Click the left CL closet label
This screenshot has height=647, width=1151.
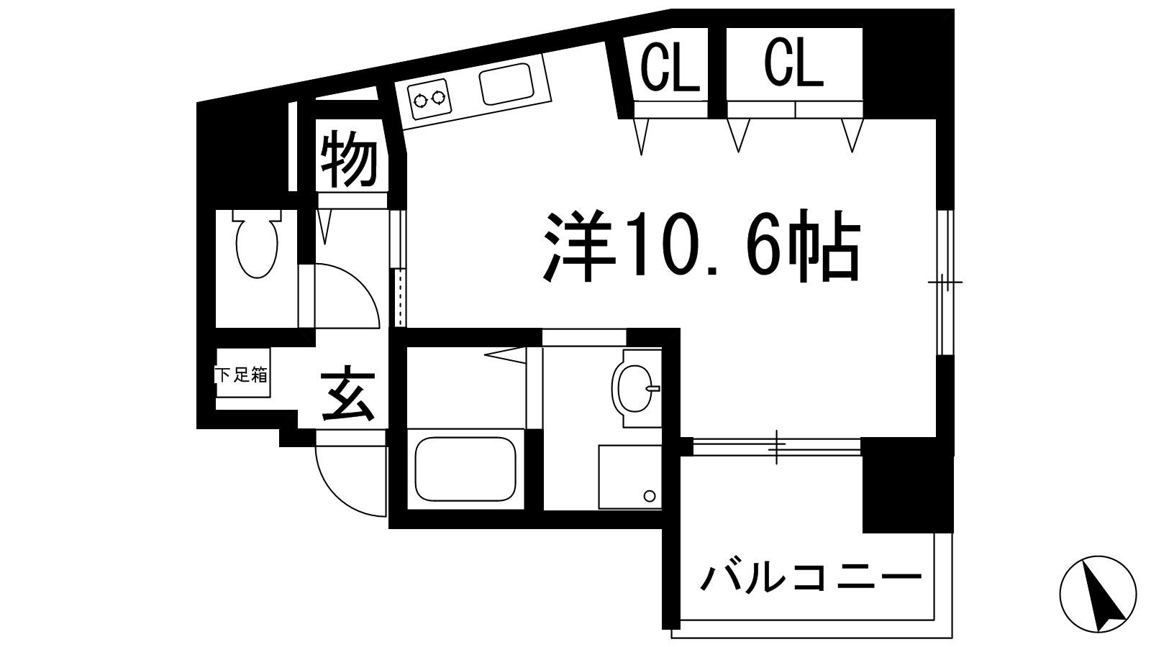(670, 67)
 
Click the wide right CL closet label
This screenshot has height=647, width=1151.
(793, 64)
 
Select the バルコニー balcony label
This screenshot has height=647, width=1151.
(811, 577)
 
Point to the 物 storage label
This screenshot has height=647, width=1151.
(349, 160)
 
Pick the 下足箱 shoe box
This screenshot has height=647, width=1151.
(242, 376)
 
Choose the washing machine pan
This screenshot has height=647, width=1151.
(630, 477)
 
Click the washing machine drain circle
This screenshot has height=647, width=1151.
(650, 495)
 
